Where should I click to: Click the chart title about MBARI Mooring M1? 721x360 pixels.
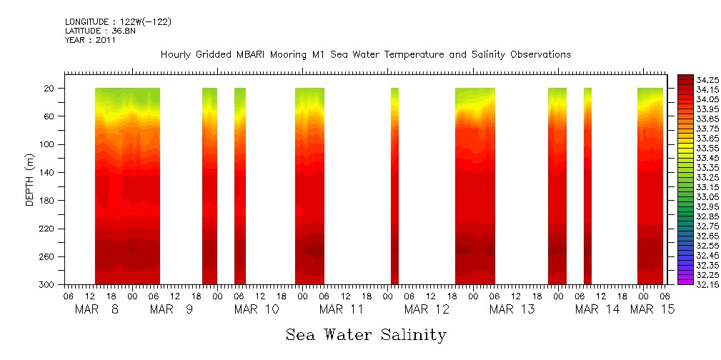366,55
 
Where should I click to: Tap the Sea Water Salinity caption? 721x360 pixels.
366,334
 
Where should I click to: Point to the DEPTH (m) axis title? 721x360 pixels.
30,179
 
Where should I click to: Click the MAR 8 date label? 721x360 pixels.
97,309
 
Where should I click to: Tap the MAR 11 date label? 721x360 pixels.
342,309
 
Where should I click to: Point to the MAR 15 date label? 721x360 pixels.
652,309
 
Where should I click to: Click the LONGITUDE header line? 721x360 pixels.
118,22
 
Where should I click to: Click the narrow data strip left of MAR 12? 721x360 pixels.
394,186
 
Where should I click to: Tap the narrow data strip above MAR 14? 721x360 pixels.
587,186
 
